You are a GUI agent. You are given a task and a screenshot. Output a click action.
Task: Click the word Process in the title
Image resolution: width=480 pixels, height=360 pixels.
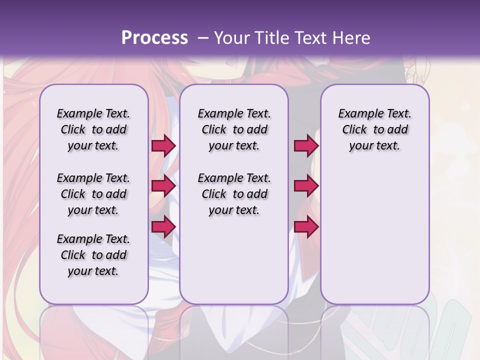click(x=154, y=38)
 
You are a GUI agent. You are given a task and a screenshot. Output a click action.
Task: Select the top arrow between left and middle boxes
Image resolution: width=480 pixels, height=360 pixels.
click(x=163, y=146)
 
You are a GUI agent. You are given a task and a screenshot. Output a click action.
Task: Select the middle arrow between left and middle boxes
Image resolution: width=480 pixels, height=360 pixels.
click(x=163, y=186)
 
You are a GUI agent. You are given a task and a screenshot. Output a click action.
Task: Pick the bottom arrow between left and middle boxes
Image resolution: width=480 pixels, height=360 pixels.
click(x=163, y=226)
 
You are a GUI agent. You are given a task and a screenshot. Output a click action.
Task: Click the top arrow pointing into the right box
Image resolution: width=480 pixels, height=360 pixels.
click(x=306, y=146)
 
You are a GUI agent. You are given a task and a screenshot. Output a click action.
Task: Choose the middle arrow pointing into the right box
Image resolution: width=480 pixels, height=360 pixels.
click(x=306, y=186)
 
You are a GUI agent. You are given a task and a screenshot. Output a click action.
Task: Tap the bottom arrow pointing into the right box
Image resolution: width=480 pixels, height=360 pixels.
click(x=306, y=226)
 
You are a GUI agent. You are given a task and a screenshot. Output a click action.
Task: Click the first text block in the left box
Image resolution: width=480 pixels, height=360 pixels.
click(x=93, y=129)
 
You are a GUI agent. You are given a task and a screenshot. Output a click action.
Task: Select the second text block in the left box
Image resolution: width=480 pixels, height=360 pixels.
click(x=93, y=194)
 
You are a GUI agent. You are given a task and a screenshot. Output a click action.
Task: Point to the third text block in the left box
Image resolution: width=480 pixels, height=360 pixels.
click(x=93, y=255)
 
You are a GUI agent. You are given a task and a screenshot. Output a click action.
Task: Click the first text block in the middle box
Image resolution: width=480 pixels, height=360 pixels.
click(x=234, y=129)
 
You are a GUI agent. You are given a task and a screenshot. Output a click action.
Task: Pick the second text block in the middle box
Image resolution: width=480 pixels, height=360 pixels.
click(x=234, y=194)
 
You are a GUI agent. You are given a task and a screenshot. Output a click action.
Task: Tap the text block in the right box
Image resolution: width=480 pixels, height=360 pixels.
click(x=374, y=129)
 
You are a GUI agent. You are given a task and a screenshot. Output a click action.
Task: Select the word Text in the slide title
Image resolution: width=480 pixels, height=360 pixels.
click(x=311, y=38)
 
